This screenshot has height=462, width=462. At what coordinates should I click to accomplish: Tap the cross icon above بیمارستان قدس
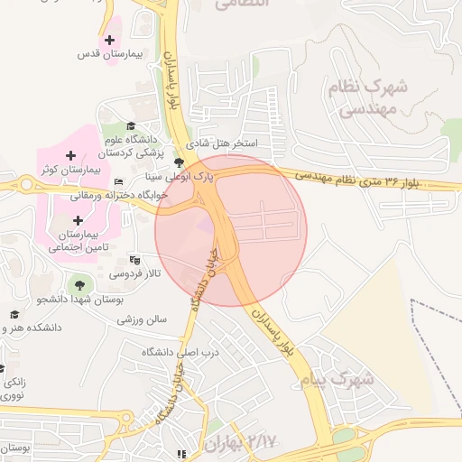[110, 40]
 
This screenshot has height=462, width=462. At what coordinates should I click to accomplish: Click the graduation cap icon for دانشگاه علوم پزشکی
[131, 125]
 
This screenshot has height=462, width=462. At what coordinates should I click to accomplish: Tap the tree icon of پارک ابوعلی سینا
[180, 163]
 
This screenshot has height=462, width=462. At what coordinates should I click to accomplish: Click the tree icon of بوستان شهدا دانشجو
[79, 285]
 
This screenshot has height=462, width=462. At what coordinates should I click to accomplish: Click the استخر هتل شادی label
[222, 143]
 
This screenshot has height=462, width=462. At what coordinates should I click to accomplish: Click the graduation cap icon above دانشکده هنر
[14, 313]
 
